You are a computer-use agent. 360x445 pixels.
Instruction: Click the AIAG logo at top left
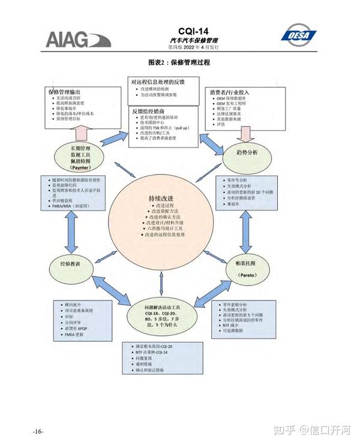click(78, 40)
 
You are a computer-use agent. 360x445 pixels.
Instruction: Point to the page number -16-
click(38, 432)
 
